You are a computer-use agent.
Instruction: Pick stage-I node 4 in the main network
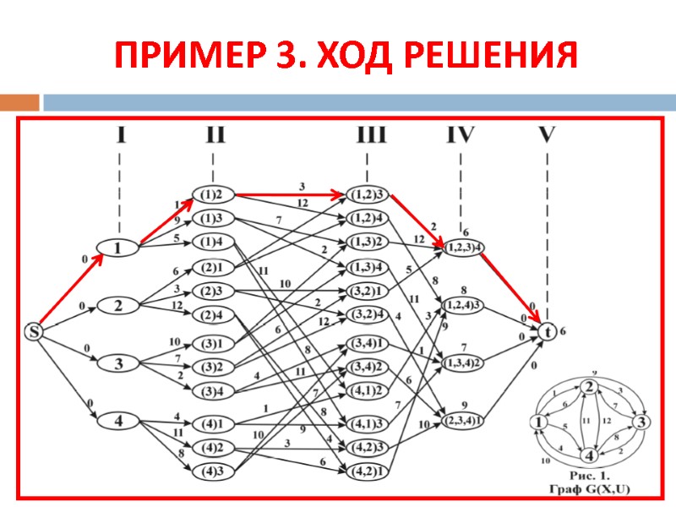[118, 420]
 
